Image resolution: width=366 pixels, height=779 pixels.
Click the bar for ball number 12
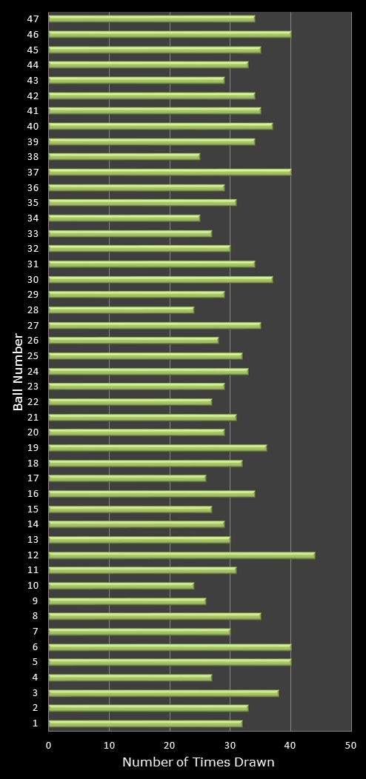(x=182, y=555)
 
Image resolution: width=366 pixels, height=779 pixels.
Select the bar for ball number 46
(x=170, y=33)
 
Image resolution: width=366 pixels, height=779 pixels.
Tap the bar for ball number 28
(x=122, y=310)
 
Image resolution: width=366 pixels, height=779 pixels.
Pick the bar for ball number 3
(x=164, y=693)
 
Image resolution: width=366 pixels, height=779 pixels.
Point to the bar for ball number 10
(x=122, y=585)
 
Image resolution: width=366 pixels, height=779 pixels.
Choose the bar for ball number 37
(x=170, y=172)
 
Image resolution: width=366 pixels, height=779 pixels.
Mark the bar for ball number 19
(x=158, y=447)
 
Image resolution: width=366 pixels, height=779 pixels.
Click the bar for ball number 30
(x=161, y=279)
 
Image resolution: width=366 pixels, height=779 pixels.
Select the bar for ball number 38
(x=124, y=156)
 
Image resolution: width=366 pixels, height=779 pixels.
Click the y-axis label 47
(x=33, y=19)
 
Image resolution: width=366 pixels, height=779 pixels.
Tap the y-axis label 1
(x=36, y=723)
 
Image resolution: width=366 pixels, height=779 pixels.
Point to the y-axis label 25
(x=33, y=355)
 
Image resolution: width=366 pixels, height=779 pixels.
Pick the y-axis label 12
(x=33, y=555)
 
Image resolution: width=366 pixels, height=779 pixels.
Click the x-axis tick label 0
(x=49, y=746)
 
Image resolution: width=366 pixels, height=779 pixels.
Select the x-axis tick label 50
(x=351, y=746)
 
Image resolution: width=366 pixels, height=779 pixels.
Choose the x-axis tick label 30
(x=230, y=746)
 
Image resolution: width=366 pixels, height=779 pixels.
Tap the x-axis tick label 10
(x=109, y=746)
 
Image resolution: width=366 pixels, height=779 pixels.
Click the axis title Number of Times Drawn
(x=199, y=763)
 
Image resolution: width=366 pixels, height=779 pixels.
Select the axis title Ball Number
(x=18, y=372)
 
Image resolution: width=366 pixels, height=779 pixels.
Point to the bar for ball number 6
(x=170, y=646)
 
